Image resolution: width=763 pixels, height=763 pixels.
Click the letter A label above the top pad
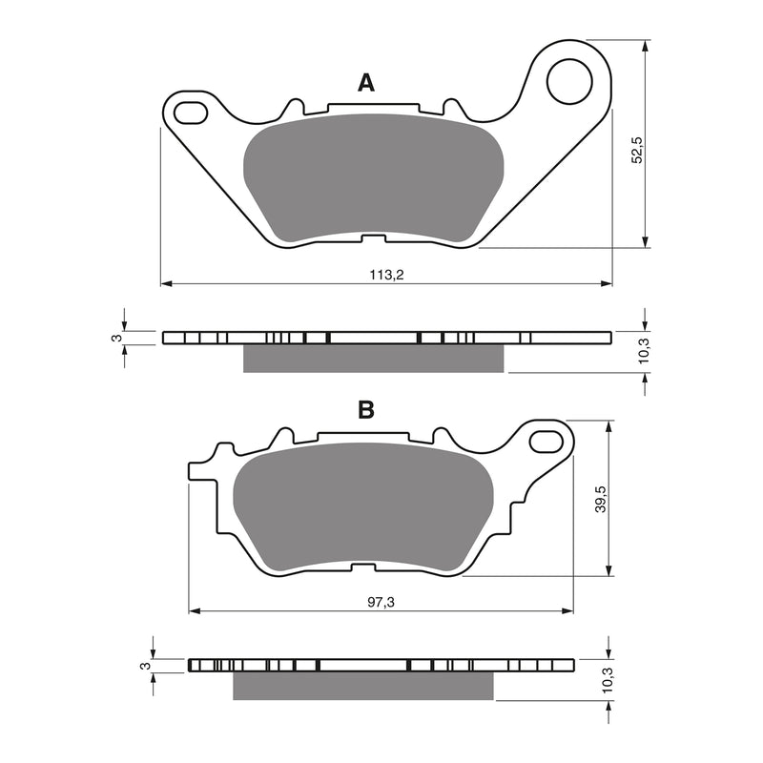pyautogui.click(x=365, y=83)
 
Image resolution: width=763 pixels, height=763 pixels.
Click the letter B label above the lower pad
pyautogui.click(x=365, y=411)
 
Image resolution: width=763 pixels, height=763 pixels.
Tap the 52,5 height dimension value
pyautogui.click(x=638, y=149)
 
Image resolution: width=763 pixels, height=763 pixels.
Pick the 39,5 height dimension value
pyautogui.click(x=600, y=499)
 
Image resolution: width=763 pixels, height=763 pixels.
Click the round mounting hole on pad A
pyautogui.click(x=569, y=80)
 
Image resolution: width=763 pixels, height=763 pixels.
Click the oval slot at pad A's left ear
pyautogui.click(x=190, y=111)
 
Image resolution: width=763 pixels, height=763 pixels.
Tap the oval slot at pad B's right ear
pyautogui.click(x=547, y=441)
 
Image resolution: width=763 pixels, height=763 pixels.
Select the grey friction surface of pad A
pyautogui.click(x=374, y=177)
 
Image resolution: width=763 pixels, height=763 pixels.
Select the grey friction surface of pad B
pyautogui.click(x=362, y=510)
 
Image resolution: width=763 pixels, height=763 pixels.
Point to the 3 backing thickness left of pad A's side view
pyautogui.click(x=116, y=338)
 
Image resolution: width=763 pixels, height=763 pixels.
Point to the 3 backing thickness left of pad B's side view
pyautogui.click(x=144, y=666)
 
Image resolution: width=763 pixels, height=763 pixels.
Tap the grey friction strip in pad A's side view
pyautogui.click(x=374, y=358)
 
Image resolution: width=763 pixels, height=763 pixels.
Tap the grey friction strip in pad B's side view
pyautogui.click(x=364, y=685)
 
